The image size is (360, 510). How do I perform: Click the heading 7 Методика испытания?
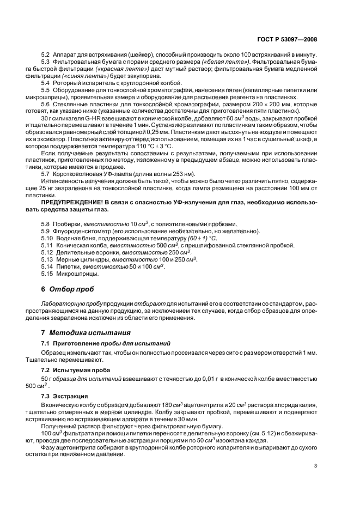[77, 332]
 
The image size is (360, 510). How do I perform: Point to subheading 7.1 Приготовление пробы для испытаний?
[106, 343]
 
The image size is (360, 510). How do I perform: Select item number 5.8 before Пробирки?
[46, 224]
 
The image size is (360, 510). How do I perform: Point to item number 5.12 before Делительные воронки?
[47, 252]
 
